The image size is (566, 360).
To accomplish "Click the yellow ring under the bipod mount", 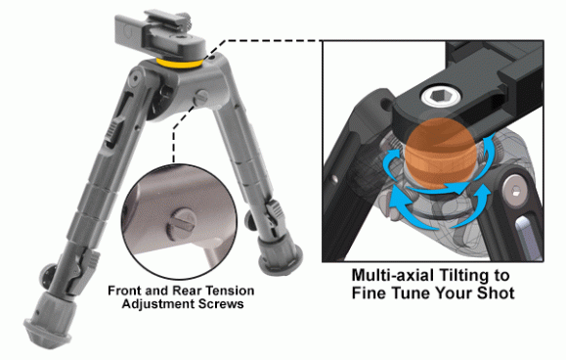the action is click(180, 65).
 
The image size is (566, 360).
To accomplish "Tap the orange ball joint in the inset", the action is click(440, 154).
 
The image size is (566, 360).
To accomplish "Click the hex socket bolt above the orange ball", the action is click(441, 96).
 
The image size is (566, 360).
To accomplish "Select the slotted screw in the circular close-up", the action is click(181, 225).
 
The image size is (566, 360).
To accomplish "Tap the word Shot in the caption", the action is click(496, 292).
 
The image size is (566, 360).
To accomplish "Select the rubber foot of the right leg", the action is click(280, 255).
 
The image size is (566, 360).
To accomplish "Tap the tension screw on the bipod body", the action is click(200, 98).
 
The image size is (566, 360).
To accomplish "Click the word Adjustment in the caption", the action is click(155, 304).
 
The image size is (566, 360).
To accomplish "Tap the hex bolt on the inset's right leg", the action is click(515, 191).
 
